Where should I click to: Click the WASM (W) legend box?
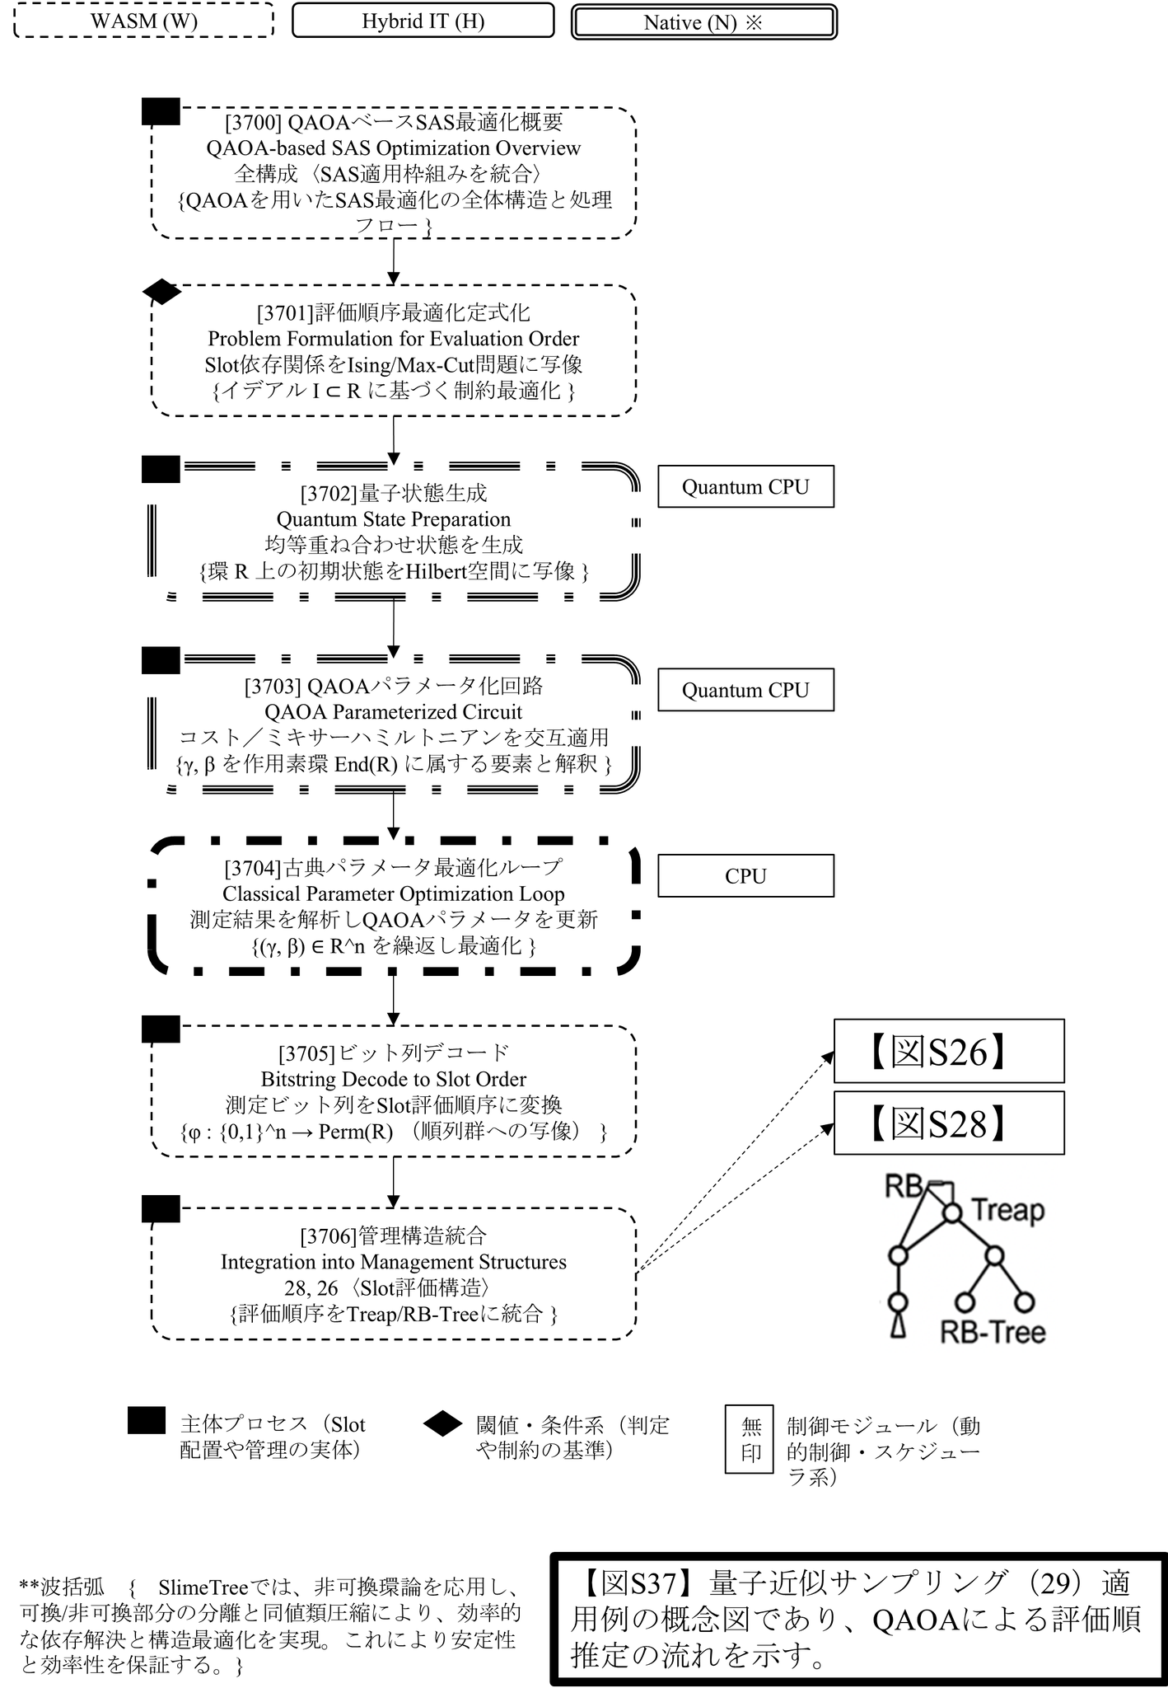coord(144,21)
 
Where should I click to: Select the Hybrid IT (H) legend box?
coord(423,21)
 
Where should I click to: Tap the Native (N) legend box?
coord(704,22)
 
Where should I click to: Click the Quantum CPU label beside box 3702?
coord(745,487)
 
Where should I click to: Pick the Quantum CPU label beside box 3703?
coord(745,690)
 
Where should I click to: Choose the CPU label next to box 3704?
coord(745,876)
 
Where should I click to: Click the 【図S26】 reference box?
coord(949,1052)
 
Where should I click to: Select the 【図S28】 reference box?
coord(949,1123)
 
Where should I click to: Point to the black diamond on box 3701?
coord(161,292)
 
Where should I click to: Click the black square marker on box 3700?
coord(161,111)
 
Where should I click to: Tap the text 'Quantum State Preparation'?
coord(393,519)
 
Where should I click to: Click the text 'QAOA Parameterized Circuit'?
coord(393,712)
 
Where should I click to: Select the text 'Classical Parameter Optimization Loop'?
coord(393,894)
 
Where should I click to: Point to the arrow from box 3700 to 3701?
coord(394,261)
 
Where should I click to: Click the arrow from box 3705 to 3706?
coord(394,1182)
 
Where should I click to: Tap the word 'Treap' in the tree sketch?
coord(1007,1211)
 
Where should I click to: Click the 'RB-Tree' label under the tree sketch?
coord(993,1332)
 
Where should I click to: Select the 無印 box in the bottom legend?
coord(750,1439)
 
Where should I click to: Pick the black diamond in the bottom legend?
coord(442,1423)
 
